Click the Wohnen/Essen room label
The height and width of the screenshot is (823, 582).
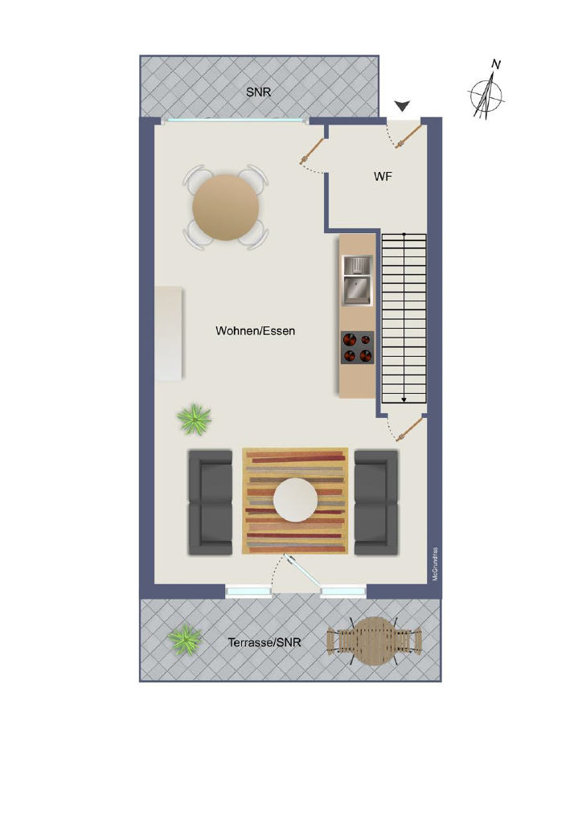point(255,330)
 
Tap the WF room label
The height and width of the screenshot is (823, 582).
point(383,176)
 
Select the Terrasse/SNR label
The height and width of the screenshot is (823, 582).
point(264,642)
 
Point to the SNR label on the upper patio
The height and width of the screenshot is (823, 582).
point(259,92)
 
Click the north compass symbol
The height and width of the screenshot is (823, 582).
point(486,92)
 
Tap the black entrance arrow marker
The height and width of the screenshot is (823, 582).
point(402,107)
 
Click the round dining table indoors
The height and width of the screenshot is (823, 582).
point(226,207)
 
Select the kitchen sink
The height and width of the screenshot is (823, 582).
point(358,280)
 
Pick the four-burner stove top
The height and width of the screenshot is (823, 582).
point(358,347)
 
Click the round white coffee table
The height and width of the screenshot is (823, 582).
point(295,500)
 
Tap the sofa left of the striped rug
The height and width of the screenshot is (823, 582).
point(210,502)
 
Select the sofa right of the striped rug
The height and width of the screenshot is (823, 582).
point(376,502)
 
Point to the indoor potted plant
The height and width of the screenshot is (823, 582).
point(195,419)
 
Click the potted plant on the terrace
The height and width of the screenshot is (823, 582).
point(185,639)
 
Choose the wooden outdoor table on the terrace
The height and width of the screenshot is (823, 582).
point(374,641)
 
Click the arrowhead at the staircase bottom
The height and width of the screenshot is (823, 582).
point(404,400)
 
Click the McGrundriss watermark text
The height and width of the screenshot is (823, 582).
point(435,563)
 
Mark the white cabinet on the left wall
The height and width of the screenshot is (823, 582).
point(169,333)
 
